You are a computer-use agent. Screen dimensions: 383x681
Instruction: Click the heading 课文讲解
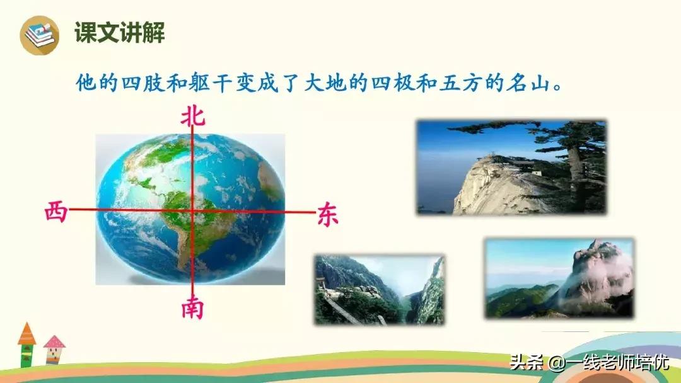pos(120,33)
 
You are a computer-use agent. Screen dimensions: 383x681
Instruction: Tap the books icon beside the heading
pos(39,34)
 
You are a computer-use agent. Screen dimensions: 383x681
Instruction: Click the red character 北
pos(193,116)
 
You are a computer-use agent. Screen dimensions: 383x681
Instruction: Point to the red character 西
pos(55,212)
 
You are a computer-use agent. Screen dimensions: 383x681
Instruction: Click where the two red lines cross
pos(192,210)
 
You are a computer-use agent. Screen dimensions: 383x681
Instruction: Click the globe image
pos(189,208)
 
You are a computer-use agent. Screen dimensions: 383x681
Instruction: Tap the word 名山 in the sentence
pos(527,83)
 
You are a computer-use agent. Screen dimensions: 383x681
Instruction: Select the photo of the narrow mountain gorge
pos(380,290)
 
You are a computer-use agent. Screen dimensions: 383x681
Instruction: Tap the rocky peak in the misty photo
pos(596,271)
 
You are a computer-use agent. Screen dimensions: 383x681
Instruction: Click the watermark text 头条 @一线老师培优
pos(589,363)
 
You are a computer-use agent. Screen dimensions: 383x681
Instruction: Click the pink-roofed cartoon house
pos(54,350)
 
